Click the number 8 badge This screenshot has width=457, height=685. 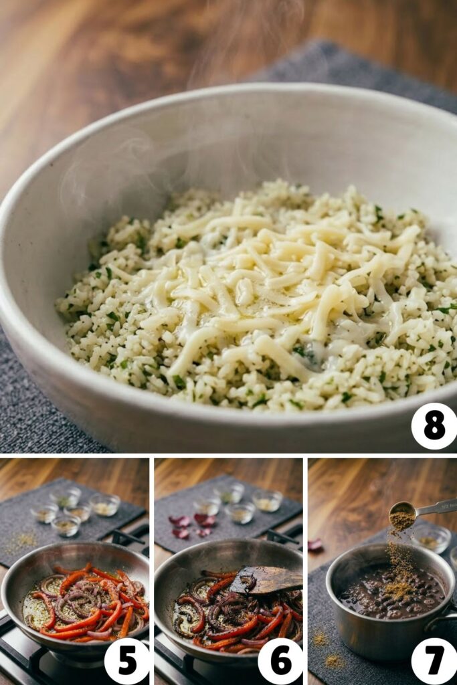pyautogui.click(x=434, y=426)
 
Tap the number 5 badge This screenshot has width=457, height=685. pyautogui.click(x=126, y=661)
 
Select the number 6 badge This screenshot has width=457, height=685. pyautogui.click(x=280, y=661)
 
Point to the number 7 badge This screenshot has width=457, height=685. pyautogui.click(x=434, y=661)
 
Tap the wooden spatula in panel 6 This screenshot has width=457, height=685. pyautogui.click(x=266, y=579)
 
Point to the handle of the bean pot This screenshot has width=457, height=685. pyautogui.click(x=444, y=622)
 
